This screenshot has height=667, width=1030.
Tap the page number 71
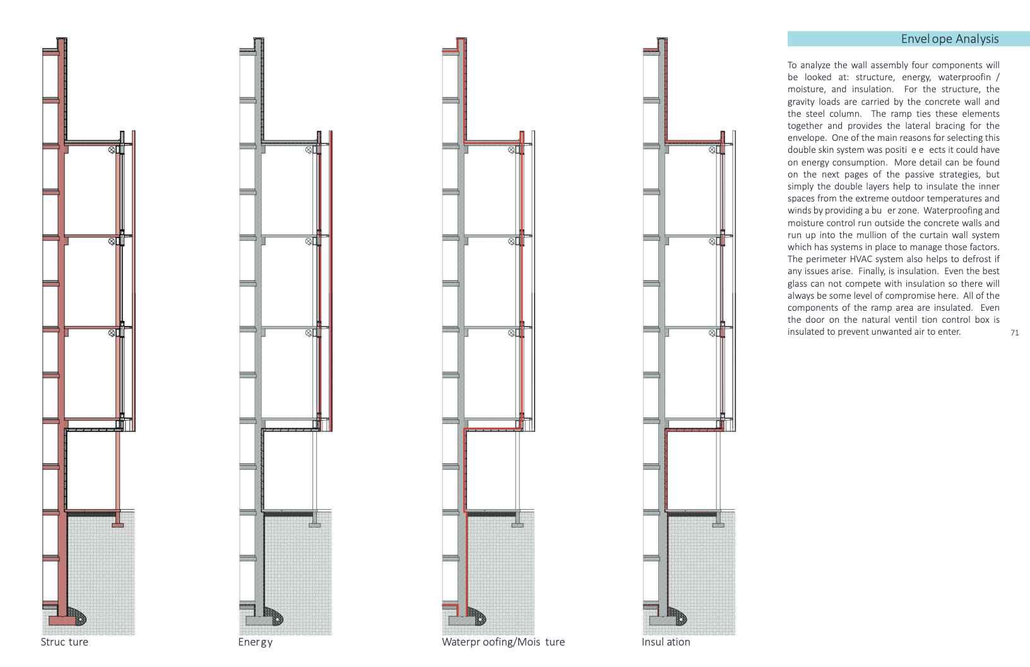pos(1014,333)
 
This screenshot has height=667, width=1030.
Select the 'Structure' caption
pos(64,642)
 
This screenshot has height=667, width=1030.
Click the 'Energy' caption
pos(255,642)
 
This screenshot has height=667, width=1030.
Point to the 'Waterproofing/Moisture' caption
pos(503,642)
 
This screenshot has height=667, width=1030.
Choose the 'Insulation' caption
pos(666,642)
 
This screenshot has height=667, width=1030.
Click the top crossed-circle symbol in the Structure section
pos(112,150)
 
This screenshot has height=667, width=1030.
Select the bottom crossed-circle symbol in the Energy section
pos(309,333)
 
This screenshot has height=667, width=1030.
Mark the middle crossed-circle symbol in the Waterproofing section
pos(512,241)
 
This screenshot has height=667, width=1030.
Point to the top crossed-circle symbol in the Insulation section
pos(713,150)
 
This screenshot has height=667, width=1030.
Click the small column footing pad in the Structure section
pos(118,524)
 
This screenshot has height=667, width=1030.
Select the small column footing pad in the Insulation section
pos(718,524)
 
